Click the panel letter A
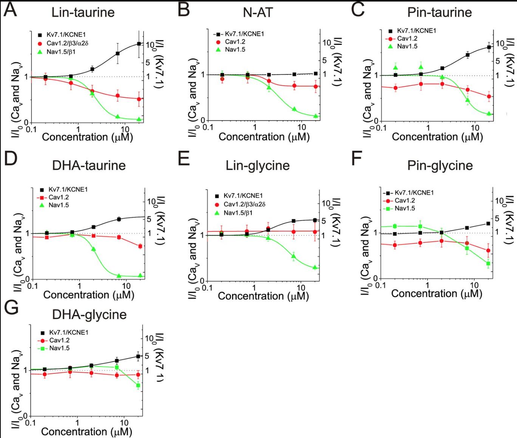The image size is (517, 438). pos(11,10)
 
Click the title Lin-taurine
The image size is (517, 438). pos(83,12)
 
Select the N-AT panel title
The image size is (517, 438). pos(258,12)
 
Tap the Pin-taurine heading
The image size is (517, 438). pos(440,12)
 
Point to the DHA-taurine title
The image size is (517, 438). pos(89,165)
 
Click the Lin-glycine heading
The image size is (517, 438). pos(258,165)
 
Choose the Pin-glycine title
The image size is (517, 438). pos(440,165)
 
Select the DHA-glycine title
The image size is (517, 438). pos(89,315)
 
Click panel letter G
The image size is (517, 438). pos(11,308)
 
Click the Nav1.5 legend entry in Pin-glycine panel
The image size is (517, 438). pos(405,208)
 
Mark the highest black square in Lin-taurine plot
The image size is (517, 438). pos(139,44)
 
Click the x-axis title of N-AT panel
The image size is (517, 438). pos(264,137)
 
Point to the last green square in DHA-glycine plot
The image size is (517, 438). pos(138,386)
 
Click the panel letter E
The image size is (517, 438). pos(184,159)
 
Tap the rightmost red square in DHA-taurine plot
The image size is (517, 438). pos(140,246)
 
